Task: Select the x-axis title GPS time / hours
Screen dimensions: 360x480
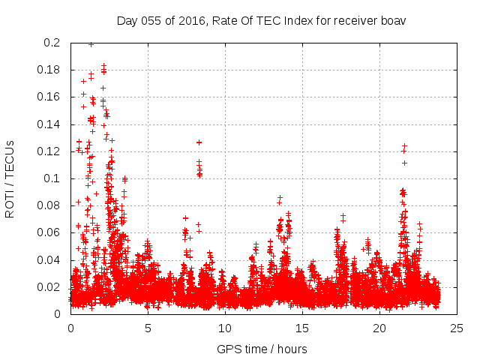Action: point(262,349)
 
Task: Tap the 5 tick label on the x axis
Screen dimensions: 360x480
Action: point(148,328)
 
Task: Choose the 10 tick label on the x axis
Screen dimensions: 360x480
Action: point(225,328)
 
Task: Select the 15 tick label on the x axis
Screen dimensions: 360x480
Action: point(302,328)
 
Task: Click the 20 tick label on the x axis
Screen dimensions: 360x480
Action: point(379,328)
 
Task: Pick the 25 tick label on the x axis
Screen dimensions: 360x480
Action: point(457,328)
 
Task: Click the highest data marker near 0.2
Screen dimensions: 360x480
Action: point(91,44)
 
